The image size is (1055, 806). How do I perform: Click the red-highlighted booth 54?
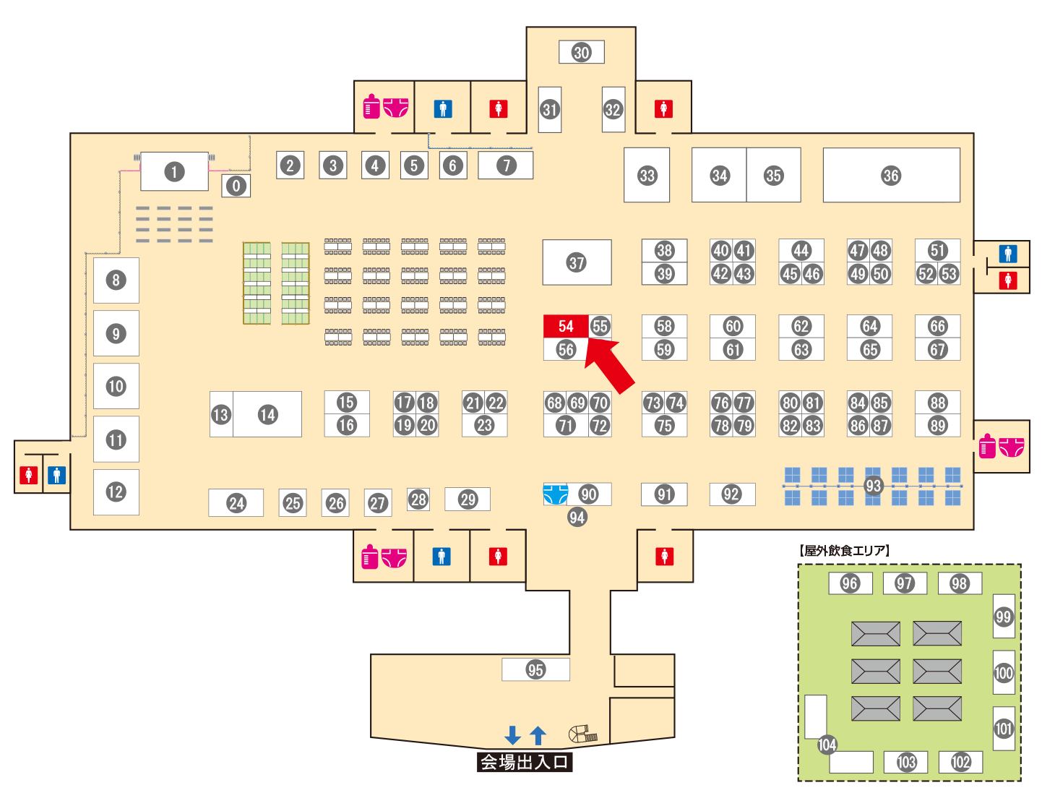point(565,326)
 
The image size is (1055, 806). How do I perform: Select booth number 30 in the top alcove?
point(581,52)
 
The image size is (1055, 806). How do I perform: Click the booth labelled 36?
point(890,175)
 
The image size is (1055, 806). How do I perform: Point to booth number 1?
point(173,171)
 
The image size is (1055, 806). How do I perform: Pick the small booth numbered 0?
point(236,186)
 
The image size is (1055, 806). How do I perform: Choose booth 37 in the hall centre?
point(576,262)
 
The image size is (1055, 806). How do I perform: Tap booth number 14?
point(267,414)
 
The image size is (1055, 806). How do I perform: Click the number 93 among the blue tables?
point(873,486)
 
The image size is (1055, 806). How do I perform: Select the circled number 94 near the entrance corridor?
point(577,517)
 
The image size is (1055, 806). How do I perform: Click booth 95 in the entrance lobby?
point(535,669)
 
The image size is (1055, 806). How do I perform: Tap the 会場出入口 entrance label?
point(525,762)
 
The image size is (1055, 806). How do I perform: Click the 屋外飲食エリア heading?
point(845,550)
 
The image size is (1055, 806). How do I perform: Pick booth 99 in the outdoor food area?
point(1003,617)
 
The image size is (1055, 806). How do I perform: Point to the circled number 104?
point(827,745)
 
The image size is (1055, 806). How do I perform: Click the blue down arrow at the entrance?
point(512,735)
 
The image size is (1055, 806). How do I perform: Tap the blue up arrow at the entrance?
point(538,735)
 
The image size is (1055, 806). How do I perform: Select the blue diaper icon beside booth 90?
point(555,494)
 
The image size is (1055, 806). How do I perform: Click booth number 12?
point(116,492)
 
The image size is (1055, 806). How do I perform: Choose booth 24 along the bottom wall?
point(236,503)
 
